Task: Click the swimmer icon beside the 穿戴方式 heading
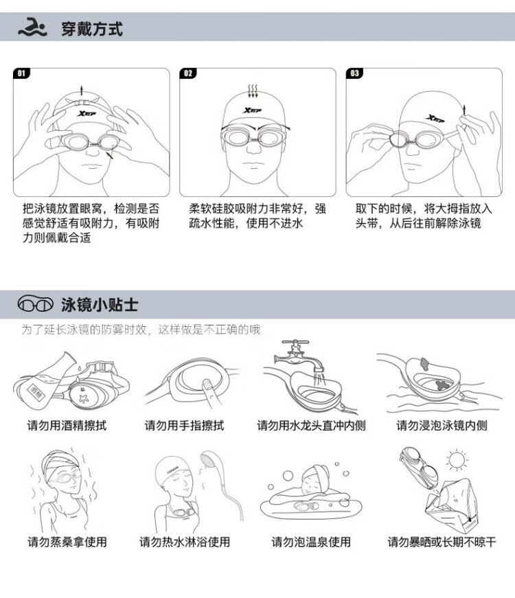click(32, 27)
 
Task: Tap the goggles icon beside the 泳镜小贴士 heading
click(35, 303)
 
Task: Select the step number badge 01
click(21, 73)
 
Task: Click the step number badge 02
click(188, 73)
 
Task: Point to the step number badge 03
click(354, 73)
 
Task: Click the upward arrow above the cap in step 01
click(81, 91)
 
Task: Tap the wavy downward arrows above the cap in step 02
click(253, 91)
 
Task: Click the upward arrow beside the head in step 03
click(464, 111)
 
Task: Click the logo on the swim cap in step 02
click(253, 111)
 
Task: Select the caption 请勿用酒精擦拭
click(67, 425)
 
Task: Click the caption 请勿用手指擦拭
click(184, 425)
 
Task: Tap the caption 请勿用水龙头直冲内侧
click(311, 425)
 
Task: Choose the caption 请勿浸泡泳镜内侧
click(442, 425)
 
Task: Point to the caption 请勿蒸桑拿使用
click(67, 542)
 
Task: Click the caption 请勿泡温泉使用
click(311, 542)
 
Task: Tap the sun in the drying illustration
click(457, 460)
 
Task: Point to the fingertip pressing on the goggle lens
click(206, 383)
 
